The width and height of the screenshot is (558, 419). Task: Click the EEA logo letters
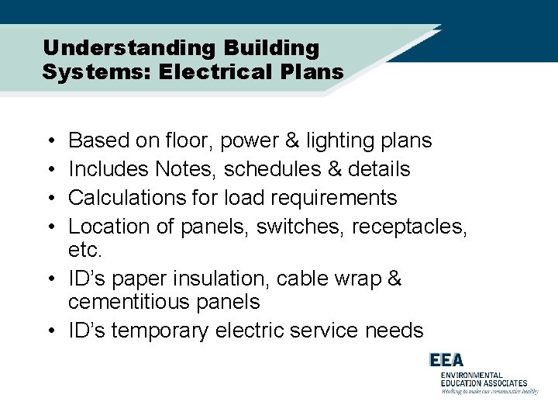coord(448,361)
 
